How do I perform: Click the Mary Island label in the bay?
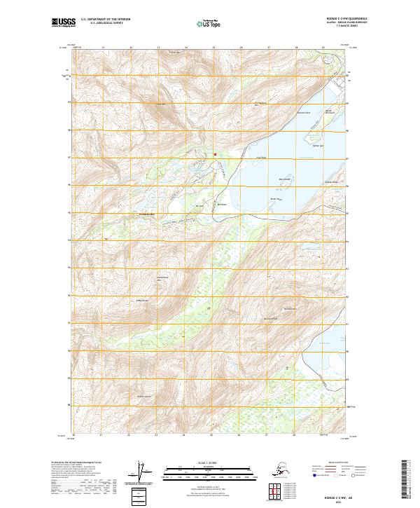(283, 179)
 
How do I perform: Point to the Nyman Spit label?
(317, 144)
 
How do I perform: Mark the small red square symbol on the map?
(215, 154)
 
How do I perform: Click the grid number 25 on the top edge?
(213, 48)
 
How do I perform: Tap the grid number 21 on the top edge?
(103, 48)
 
